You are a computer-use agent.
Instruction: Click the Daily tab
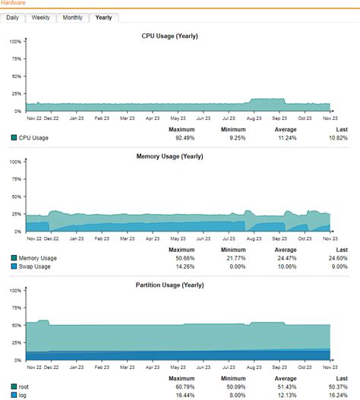(13, 17)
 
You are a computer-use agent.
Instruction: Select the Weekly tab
(41, 17)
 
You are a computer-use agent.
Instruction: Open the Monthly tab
(73, 17)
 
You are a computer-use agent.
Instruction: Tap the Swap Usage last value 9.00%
(338, 266)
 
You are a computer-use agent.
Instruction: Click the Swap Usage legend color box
(14, 266)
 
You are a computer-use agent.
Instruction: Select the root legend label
(25, 387)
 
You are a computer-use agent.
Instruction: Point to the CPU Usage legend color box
(14, 138)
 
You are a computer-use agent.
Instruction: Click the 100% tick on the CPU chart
(15, 41)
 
